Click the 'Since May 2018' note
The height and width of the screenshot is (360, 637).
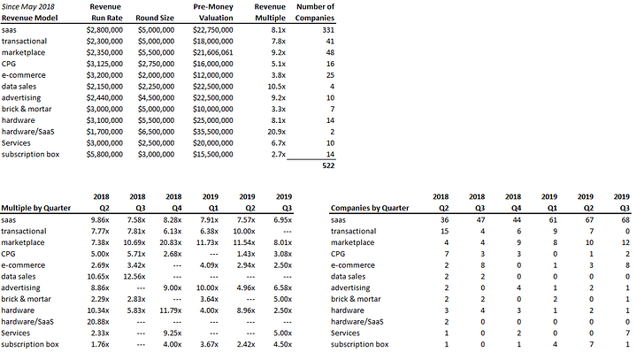(28, 7)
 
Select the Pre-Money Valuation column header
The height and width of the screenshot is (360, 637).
(213, 12)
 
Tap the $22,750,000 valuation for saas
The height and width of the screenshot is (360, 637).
(213, 30)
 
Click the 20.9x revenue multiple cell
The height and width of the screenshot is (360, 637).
(276, 132)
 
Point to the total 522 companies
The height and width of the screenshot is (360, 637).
(328, 165)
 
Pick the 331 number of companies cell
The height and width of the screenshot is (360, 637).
(328, 30)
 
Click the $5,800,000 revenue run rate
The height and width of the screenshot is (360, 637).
(104, 155)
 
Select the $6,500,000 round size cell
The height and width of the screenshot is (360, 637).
(156, 132)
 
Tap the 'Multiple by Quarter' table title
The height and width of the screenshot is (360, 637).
(35, 208)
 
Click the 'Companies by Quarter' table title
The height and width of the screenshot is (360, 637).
(370, 208)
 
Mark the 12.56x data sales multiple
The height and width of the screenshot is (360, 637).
(134, 277)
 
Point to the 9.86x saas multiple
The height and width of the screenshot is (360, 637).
(100, 220)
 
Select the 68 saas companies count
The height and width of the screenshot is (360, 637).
(625, 220)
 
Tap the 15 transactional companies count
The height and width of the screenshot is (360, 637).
(444, 232)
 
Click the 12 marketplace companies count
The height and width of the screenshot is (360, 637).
(625, 242)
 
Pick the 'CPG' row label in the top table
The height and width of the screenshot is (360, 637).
(9, 65)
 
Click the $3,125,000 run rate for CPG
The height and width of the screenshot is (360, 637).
(104, 65)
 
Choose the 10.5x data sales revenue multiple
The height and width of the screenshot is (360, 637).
(276, 87)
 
